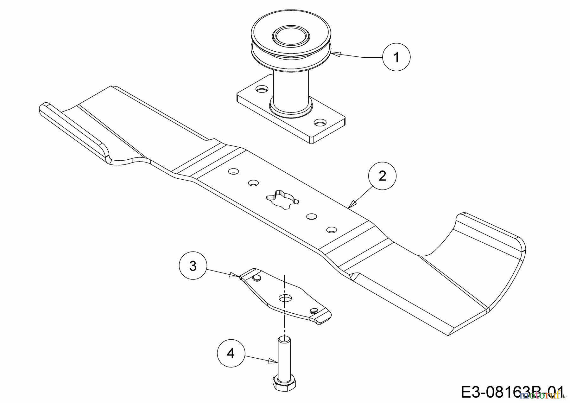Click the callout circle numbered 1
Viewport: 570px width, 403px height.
396,57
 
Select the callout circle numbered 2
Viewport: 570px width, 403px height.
382,176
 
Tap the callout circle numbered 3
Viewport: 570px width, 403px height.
193,266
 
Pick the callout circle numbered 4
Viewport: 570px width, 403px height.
231,353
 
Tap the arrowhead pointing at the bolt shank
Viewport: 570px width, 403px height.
273,361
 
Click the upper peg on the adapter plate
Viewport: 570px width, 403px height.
256,278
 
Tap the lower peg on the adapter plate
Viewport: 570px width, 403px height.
314,310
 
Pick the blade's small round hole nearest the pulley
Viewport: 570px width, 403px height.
234,171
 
